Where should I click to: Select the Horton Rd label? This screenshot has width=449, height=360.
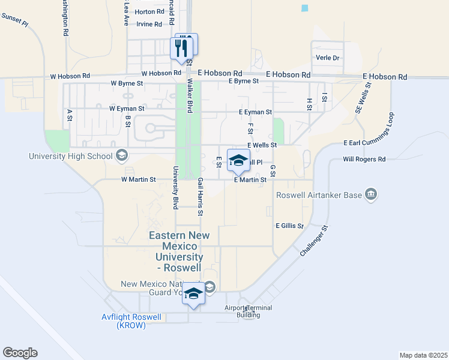pyautogui.click(x=149, y=11)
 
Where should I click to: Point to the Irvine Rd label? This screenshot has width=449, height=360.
pyautogui.click(x=149, y=24)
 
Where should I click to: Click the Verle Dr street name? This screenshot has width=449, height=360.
pyautogui.click(x=328, y=58)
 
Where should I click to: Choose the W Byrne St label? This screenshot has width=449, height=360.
pyautogui.click(x=127, y=83)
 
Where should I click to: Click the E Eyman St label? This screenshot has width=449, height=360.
pyautogui.click(x=255, y=112)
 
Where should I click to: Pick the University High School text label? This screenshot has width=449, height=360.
pyautogui.click(x=71, y=157)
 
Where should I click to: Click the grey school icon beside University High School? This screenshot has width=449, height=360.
pyautogui.click(x=122, y=156)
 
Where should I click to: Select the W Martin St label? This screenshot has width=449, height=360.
pyautogui.click(x=139, y=179)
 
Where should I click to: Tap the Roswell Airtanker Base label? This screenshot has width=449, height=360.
pyautogui.click(x=319, y=195)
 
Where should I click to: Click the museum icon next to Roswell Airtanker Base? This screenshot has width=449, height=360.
pyautogui.click(x=371, y=194)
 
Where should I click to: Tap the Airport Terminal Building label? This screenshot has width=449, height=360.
pyautogui.click(x=249, y=311)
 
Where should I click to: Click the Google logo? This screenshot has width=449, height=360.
pyautogui.click(x=20, y=353)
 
